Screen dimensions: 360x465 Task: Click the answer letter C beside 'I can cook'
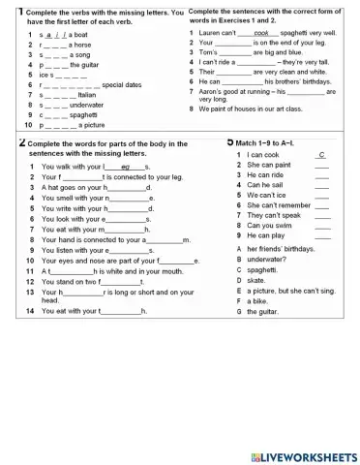(x=321, y=155)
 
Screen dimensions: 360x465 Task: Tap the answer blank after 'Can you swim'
(x=322, y=225)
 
